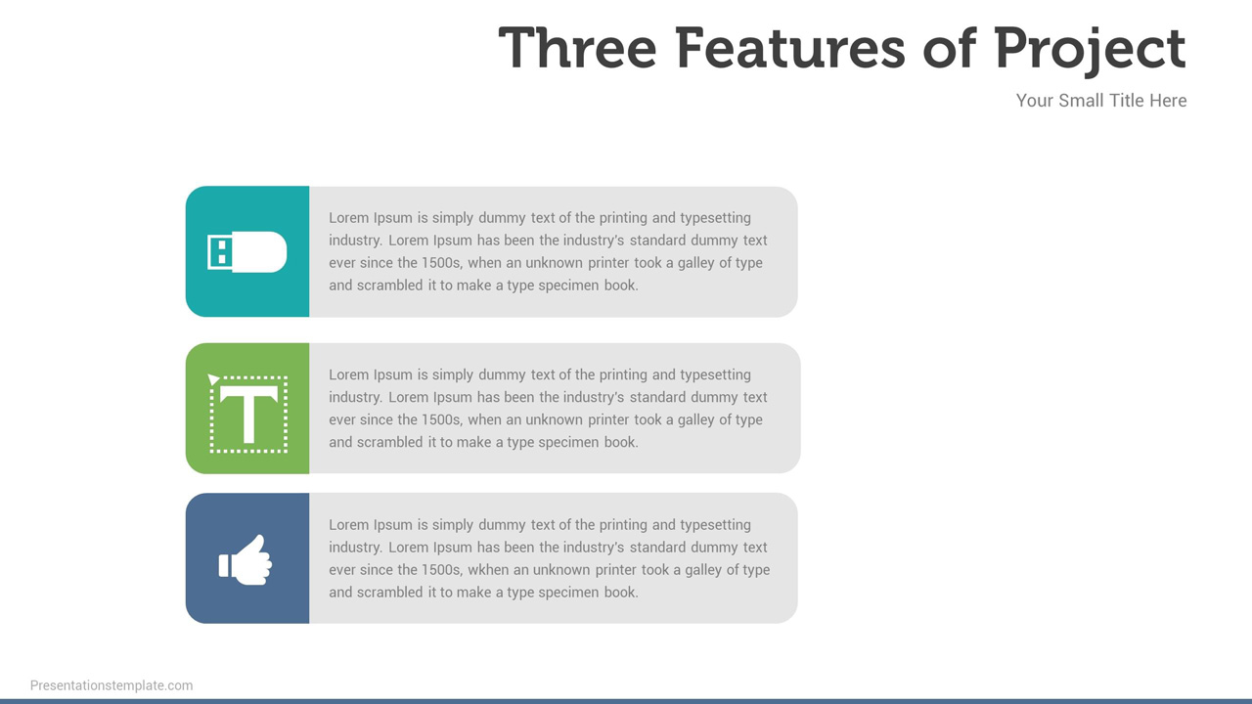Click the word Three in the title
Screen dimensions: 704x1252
click(577, 48)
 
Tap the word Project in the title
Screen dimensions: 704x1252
click(1089, 48)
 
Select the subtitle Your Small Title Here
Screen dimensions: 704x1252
click(1100, 101)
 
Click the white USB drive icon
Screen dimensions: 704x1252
click(247, 251)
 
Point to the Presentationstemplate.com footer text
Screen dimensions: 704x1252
click(112, 685)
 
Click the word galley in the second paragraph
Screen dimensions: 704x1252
click(700, 419)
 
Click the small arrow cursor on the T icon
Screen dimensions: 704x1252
click(213, 379)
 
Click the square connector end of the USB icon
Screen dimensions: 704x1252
click(219, 252)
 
